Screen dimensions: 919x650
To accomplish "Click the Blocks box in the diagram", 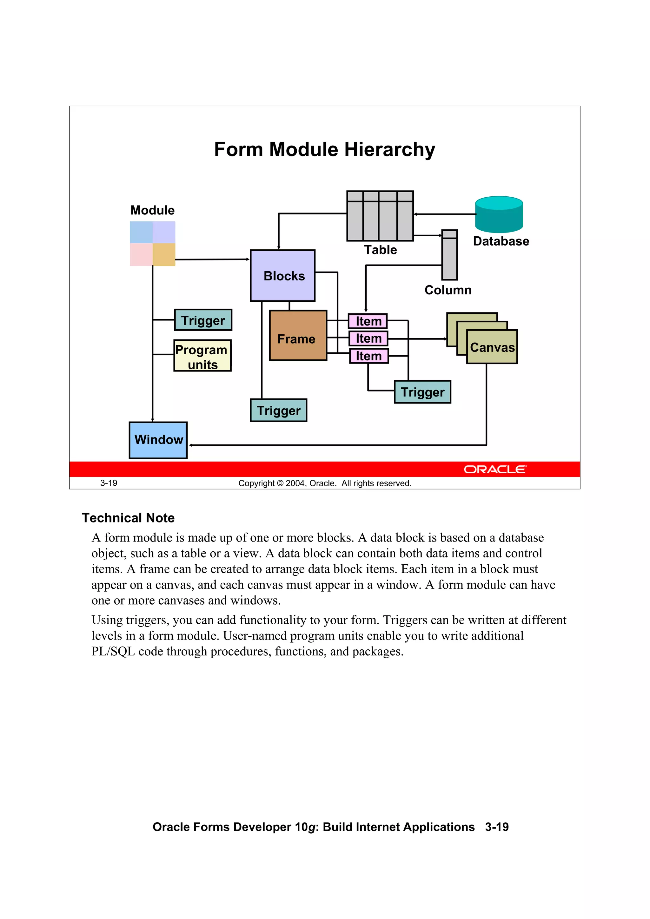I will click(x=282, y=275).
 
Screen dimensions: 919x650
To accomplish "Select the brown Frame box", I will click(x=298, y=335).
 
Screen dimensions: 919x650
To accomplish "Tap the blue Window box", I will click(x=158, y=440).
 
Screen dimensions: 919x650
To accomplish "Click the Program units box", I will click(x=202, y=355).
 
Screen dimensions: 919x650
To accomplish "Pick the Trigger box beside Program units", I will click(x=203, y=320).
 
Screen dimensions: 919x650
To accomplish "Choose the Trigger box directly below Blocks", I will click(x=278, y=410).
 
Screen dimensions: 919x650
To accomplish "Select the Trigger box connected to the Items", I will click(x=422, y=392).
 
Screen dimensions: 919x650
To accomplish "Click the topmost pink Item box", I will click(x=368, y=321).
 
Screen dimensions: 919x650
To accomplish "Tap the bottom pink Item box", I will click(x=369, y=356).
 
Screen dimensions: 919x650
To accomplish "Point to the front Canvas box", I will click(x=492, y=347).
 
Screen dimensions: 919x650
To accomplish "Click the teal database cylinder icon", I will click(x=499, y=214).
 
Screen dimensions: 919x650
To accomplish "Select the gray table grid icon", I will click(x=380, y=216).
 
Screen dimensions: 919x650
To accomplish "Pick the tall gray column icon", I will click(x=449, y=255).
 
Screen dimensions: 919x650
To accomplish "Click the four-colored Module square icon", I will click(x=153, y=243).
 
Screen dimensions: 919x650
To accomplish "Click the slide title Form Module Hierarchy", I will click(x=324, y=149).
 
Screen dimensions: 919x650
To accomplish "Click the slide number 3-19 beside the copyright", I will click(x=109, y=483).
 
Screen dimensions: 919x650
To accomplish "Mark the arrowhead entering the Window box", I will click(x=191, y=445).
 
